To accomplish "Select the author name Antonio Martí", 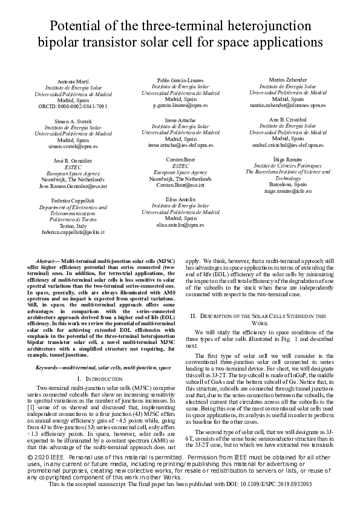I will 73,81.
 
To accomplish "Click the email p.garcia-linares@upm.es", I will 180,105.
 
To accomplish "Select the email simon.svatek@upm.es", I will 73,146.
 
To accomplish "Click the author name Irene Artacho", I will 180,120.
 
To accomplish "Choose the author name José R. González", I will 73,161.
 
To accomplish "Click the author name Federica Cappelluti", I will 73,200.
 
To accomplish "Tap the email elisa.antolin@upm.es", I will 180,225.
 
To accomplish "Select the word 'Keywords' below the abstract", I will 51,367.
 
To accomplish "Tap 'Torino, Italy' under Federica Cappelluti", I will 73,225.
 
